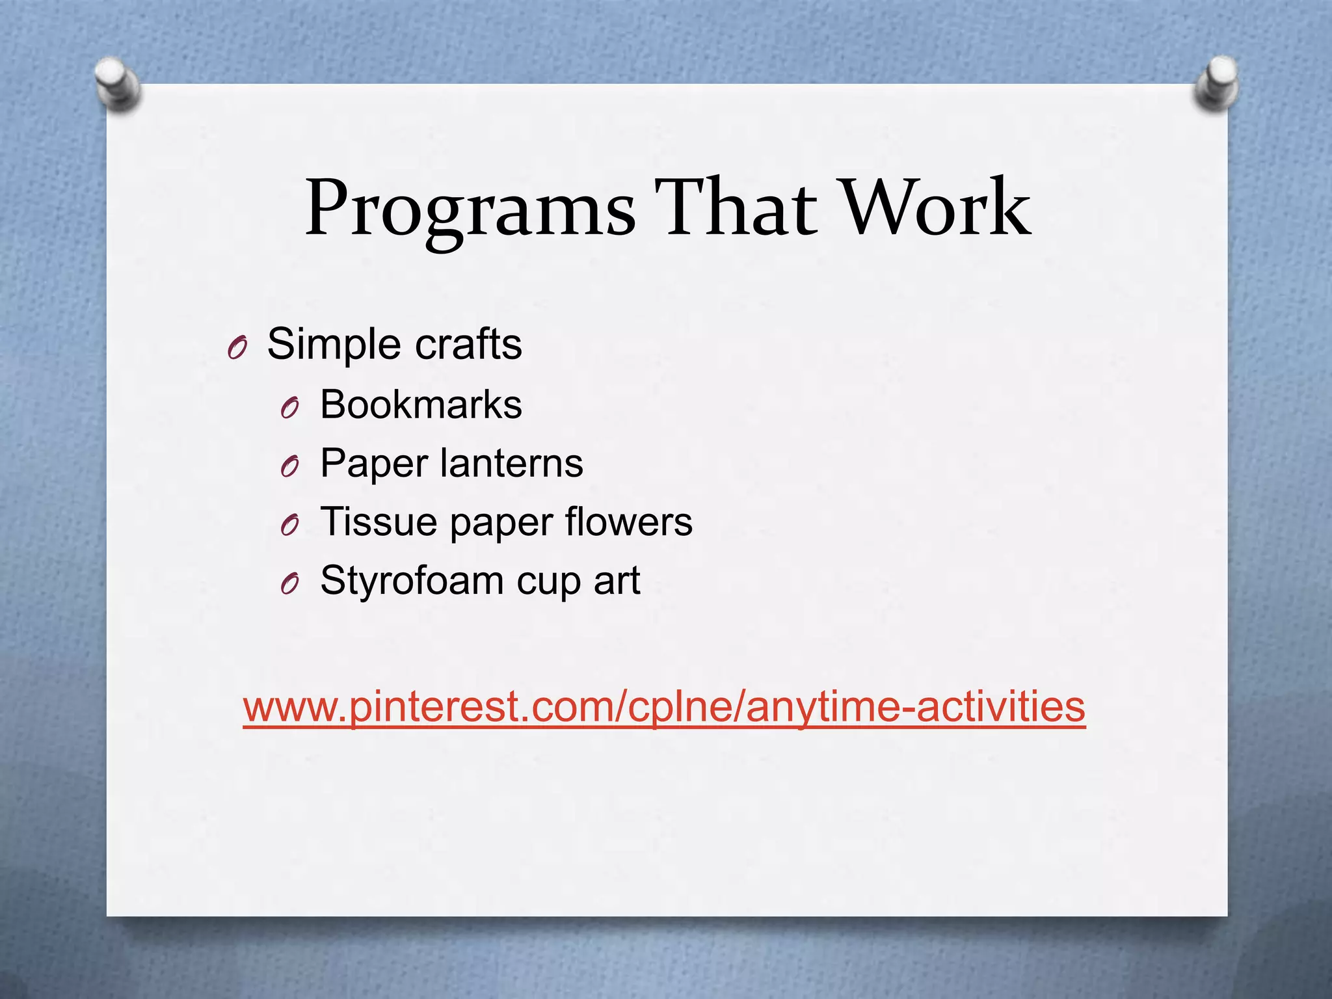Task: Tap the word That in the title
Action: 735,208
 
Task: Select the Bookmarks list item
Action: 421,405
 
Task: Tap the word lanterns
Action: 511,463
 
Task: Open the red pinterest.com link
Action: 664,707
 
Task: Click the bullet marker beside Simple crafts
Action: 237,349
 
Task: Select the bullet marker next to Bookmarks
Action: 289,408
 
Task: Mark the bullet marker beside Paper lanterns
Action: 289,467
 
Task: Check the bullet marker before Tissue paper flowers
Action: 289,526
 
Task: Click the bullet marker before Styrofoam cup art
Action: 289,585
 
